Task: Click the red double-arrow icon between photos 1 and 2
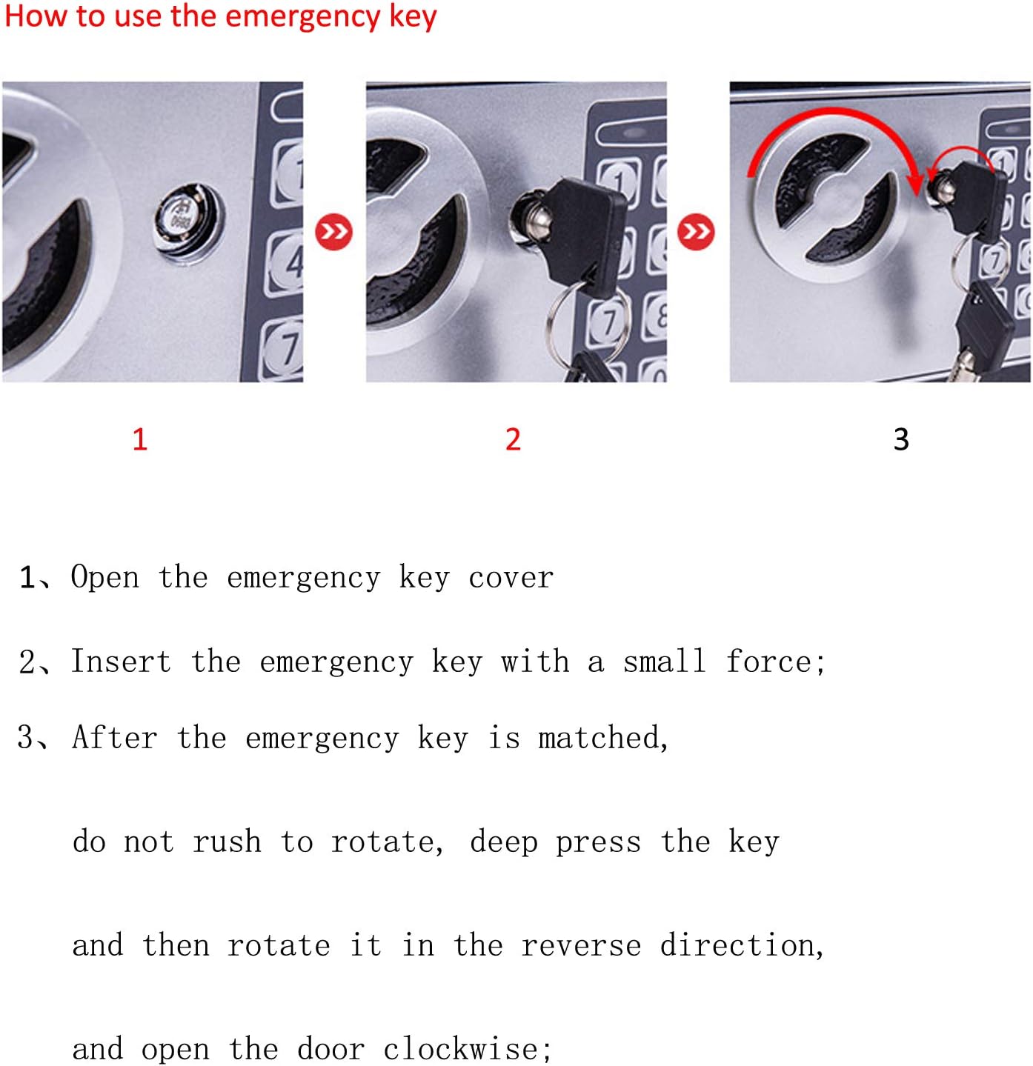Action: [x=333, y=232]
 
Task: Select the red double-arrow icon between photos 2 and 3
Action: [x=696, y=232]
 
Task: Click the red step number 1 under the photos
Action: [x=140, y=439]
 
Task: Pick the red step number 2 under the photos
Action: [x=513, y=439]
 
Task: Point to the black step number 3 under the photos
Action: [x=901, y=439]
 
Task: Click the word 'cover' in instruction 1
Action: [x=511, y=578]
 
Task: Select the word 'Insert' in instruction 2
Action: [x=121, y=661]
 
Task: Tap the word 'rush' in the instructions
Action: [x=227, y=842]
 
